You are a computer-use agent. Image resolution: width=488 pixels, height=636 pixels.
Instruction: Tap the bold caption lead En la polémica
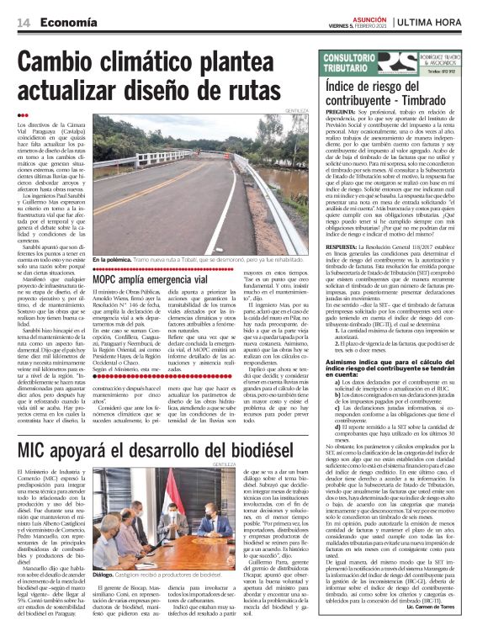click(x=114, y=260)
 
